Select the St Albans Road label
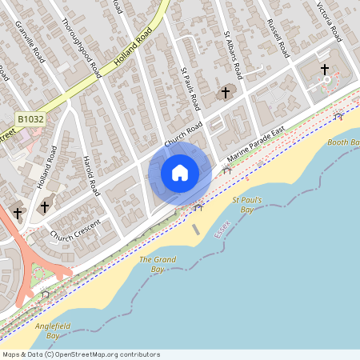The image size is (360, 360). click(x=234, y=57)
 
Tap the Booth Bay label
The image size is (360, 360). click(x=343, y=142)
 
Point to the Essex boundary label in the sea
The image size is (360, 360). click(x=223, y=228)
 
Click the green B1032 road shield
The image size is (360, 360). click(x=30, y=119)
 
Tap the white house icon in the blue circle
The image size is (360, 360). click(x=180, y=172)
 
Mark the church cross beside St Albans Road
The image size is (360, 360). click(x=226, y=93)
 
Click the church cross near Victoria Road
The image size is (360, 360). click(x=325, y=70)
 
